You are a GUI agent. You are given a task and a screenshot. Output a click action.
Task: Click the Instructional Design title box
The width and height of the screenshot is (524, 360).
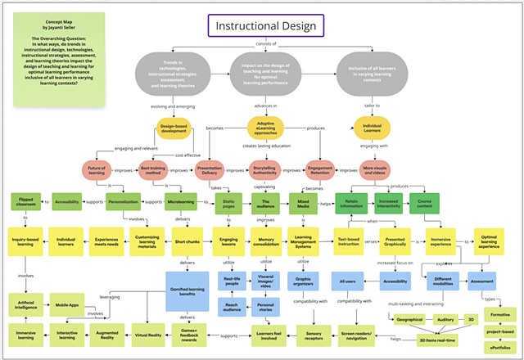(x=265, y=26)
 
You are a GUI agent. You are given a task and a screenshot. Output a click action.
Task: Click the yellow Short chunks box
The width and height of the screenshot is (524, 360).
(x=187, y=242)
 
